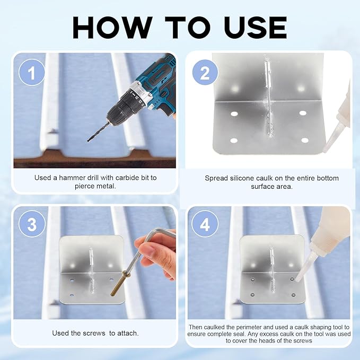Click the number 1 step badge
[x=32, y=72]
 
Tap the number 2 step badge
[x=205, y=72]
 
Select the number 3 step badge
[x=32, y=224]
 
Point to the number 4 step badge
[x=205, y=224]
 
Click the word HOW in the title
[x=112, y=28]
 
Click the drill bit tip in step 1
[x=88, y=141]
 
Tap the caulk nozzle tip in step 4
[x=298, y=279]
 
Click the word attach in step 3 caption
[x=128, y=333]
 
